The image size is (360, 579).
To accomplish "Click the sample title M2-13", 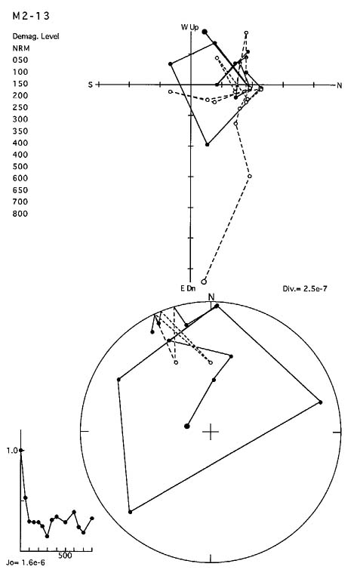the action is coord(31,16).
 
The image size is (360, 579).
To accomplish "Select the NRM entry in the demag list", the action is coord(21,48).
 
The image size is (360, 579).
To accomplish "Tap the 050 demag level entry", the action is coord(20,60).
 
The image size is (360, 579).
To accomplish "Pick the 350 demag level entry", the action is coord(20,131).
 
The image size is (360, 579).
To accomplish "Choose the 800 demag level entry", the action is coord(20,214).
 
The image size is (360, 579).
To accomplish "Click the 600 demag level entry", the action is coord(20,178).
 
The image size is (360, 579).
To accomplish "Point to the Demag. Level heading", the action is coord(35,36).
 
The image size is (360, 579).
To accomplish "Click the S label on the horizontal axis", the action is coord(91,85).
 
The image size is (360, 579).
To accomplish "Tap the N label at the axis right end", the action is coord(340,85).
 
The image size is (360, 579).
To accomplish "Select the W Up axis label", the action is coord(189,27).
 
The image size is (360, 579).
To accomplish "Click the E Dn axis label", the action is coord(188,288).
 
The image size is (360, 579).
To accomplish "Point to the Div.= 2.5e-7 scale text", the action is coord(305,288).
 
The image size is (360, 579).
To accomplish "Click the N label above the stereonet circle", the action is coord(211,297).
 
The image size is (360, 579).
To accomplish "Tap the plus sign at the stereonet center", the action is coord(211,432).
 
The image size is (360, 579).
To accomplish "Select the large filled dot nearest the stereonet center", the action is coord(187,426).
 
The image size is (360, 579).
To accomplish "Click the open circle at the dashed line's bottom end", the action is coord(204,282).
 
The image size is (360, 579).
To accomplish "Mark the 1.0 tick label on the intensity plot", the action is coord(12,450).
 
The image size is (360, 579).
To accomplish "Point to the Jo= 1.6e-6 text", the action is coord(26,562).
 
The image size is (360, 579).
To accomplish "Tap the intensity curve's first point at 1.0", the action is coord(21,450).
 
